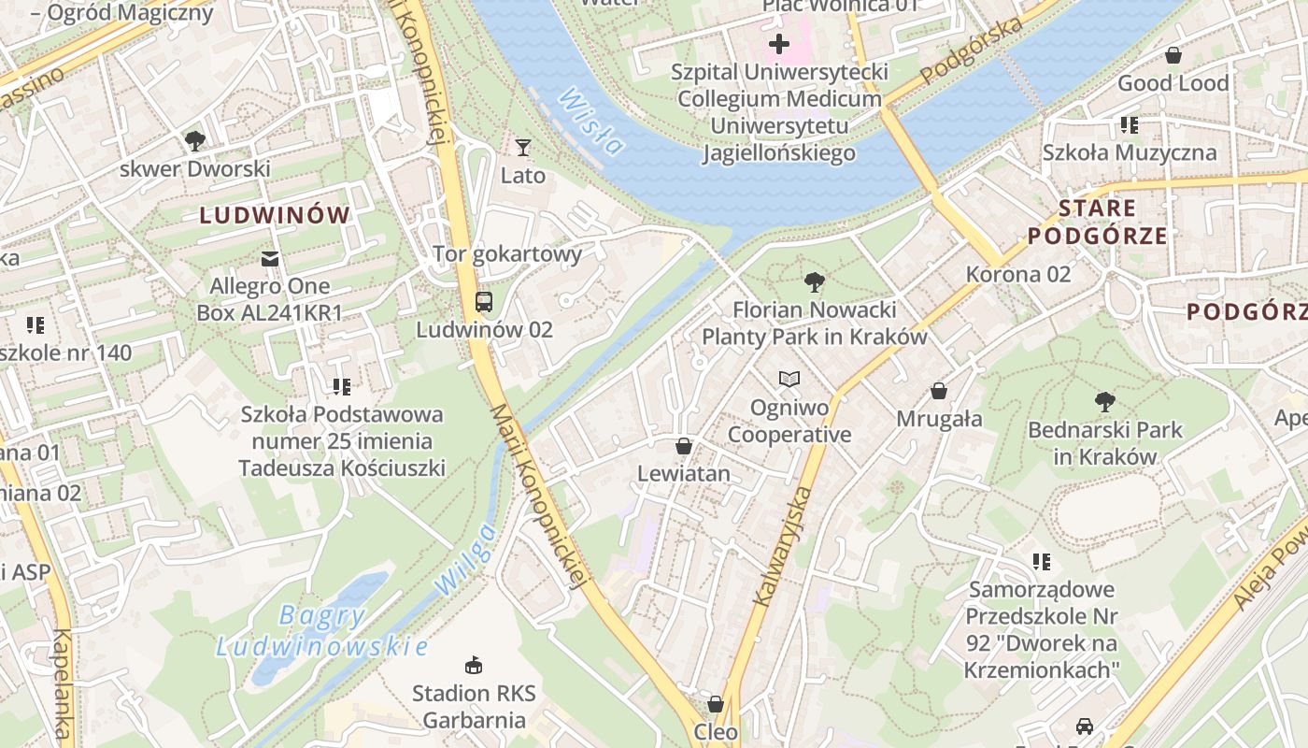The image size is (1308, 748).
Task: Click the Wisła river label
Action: [590, 121]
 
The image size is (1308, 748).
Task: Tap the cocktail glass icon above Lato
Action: [522, 148]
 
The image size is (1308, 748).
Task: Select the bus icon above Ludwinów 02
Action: [484, 301]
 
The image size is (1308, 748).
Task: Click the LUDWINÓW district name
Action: [275, 215]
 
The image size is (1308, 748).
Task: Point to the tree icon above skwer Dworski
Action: [194, 141]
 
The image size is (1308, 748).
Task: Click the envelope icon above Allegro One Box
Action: [270, 258]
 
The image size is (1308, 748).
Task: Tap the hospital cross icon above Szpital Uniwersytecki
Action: [779, 44]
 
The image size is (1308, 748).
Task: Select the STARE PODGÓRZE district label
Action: [1098, 222]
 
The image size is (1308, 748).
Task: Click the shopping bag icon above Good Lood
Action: [1173, 56]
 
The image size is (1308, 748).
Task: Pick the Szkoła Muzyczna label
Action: [1130, 152]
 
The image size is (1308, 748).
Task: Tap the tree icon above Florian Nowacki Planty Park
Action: [815, 281]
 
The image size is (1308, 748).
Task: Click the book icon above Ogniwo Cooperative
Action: [789, 380]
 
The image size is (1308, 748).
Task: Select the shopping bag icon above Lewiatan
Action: [684, 446]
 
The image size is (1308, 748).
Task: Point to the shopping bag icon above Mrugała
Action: [939, 391]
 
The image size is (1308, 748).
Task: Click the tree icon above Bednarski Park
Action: [1105, 402]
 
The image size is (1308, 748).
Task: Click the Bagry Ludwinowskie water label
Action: [322, 631]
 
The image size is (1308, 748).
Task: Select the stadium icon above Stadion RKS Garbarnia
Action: [474, 666]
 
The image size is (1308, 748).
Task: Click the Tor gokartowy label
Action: [507, 253]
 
